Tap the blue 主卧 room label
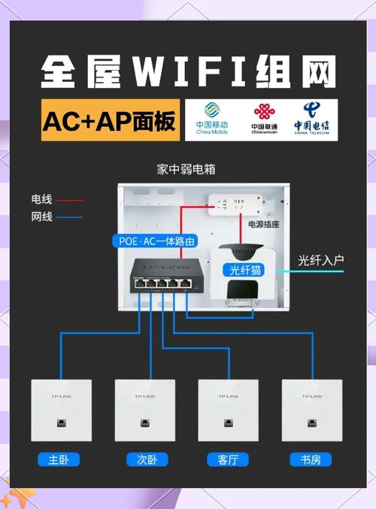tap(59, 459)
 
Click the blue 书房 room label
tap(310, 459)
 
